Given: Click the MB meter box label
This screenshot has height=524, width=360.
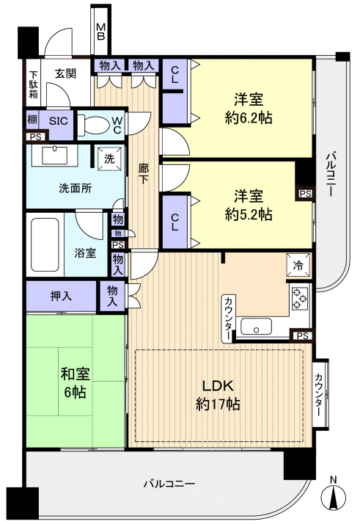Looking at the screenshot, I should (101, 31).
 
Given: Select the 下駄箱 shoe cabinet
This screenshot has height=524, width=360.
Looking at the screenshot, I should (33, 89).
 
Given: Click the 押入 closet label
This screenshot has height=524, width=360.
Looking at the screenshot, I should (62, 296).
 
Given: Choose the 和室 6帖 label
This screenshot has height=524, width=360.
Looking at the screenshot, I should (73, 382).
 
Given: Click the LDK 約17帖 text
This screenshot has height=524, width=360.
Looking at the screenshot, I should (218, 395).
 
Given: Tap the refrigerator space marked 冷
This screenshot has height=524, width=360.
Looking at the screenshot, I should (298, 266).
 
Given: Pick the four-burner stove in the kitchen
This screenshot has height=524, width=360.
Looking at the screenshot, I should (301, 298).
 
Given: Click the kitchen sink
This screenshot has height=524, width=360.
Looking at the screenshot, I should (258, 328).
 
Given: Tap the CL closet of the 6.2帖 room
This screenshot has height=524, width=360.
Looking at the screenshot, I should (174, 74).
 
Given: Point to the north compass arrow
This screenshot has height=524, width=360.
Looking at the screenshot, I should (334, 498).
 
